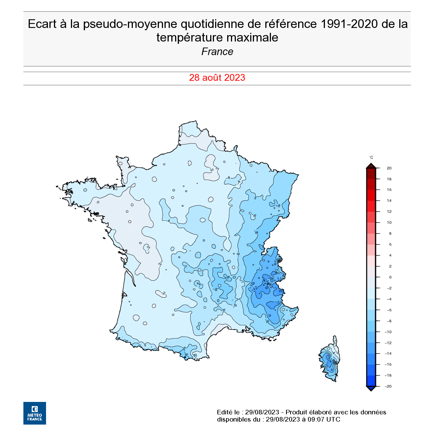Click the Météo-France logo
click(34, 413)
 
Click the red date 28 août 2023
click(217, 78)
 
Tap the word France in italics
click(217, 52)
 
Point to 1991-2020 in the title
click(349, 24)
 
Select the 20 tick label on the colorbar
click(389, 168)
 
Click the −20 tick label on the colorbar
click(388, 386)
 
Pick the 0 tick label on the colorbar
click(390, 277)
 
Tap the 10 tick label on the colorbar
click(389, 223)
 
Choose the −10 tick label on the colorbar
click(388, 332)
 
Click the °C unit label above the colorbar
click(371, 157)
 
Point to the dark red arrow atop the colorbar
click(371, 166)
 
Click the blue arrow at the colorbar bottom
click(371, 388)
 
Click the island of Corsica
click(330, 360)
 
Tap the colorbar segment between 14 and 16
click(371, 195)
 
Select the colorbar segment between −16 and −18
click(371, 370)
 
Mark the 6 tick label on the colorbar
click(390, 245)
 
